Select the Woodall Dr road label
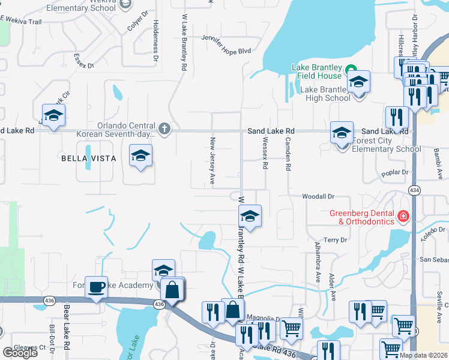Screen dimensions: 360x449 [318, 196]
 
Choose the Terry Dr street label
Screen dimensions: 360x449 [336, 240]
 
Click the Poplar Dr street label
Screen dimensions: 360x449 [395, 173]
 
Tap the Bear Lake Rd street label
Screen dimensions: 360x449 [67, 328]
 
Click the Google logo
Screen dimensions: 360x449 [20, 353]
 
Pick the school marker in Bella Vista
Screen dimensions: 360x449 [141, 157]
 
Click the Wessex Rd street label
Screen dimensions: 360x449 [264, 154]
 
